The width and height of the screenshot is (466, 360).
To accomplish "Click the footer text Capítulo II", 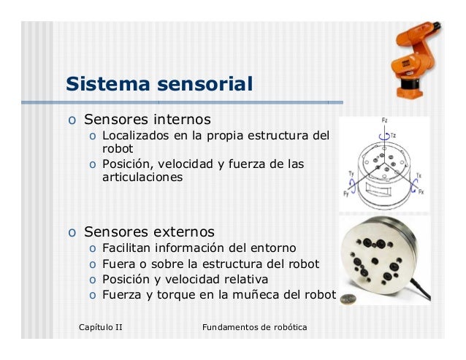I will [x=100, y=326].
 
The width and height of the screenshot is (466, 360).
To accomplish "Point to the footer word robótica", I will [x=286, y=326].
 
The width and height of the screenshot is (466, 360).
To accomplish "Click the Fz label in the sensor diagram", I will [x=385, y=120].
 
